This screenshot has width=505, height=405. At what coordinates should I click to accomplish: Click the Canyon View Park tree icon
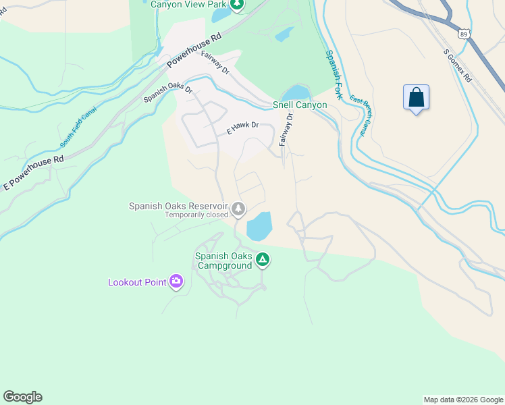click(x=237, y=5)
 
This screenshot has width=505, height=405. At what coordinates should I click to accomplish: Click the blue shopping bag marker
click(x=416, y=97)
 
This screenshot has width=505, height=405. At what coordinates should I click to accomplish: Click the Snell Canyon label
click(x=300, y=105)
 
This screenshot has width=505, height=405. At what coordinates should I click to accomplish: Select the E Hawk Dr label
click(x=242, y=127)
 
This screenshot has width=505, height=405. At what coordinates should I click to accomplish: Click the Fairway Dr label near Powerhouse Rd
click(x=217, y=64)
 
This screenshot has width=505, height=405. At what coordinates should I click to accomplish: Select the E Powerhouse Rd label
click(x=32, y=173)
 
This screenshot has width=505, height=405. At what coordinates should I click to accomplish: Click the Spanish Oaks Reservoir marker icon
click(x=238, y=209)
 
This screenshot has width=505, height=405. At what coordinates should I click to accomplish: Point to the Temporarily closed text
click(x=196, y=216)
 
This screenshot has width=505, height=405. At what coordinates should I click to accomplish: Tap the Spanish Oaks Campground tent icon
click(x=263, y=260)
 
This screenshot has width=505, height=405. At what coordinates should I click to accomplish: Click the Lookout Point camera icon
click(x=176, y=281)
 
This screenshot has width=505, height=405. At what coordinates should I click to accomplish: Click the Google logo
click(x=22, y=397)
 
